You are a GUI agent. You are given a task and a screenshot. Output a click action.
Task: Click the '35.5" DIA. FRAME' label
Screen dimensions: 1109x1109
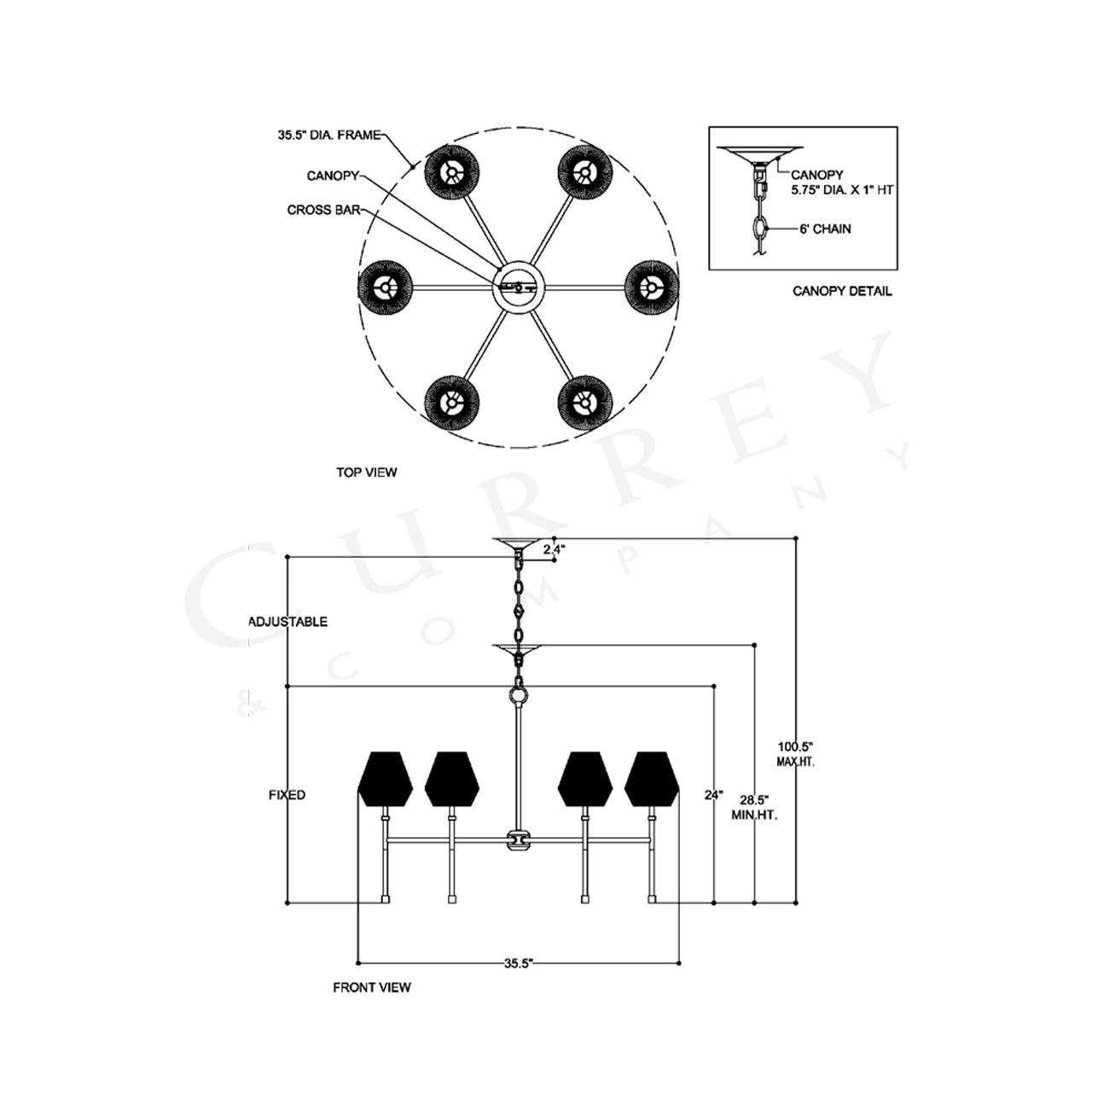[329, 136]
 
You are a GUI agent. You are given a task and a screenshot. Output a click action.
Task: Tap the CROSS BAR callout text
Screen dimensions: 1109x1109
[323, 210]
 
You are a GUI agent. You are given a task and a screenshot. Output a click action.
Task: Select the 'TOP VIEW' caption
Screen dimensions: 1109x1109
[367, 473]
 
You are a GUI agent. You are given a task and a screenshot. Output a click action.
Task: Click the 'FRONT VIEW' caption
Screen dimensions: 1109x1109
[372, 988]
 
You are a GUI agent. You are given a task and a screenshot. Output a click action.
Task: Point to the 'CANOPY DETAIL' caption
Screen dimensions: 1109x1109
[842, 291]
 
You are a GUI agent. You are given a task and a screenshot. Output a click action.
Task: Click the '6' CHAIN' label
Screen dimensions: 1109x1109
[825, 229]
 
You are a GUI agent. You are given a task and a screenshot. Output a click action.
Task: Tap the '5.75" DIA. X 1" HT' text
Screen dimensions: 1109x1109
[841, 190]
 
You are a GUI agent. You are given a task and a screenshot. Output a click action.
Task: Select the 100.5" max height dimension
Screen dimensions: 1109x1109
[796, 754]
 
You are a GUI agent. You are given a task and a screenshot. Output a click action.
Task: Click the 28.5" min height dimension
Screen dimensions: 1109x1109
[754, 807]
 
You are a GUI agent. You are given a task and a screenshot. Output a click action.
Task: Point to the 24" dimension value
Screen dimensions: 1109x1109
[714, 795]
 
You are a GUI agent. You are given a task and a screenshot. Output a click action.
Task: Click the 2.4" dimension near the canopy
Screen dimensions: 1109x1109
[554, 549]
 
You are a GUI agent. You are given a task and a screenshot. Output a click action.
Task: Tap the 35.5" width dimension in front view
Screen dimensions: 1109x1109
[520, 963]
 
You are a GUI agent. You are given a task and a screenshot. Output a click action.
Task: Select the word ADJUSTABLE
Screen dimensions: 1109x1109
[287, 622]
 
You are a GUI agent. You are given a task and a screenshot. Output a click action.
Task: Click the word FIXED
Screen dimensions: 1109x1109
[287, 795]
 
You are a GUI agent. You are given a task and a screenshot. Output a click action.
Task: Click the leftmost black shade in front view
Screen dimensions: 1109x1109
[386, 779]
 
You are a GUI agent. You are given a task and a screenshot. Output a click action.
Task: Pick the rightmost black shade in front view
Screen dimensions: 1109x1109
[652, 779]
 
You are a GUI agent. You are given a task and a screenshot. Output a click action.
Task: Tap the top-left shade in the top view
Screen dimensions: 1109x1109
[452, 172]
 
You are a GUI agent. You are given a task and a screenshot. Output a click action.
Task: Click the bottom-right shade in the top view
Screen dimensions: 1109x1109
[585, 403]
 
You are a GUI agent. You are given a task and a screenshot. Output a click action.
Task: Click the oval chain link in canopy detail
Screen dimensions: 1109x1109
[761, 229]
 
